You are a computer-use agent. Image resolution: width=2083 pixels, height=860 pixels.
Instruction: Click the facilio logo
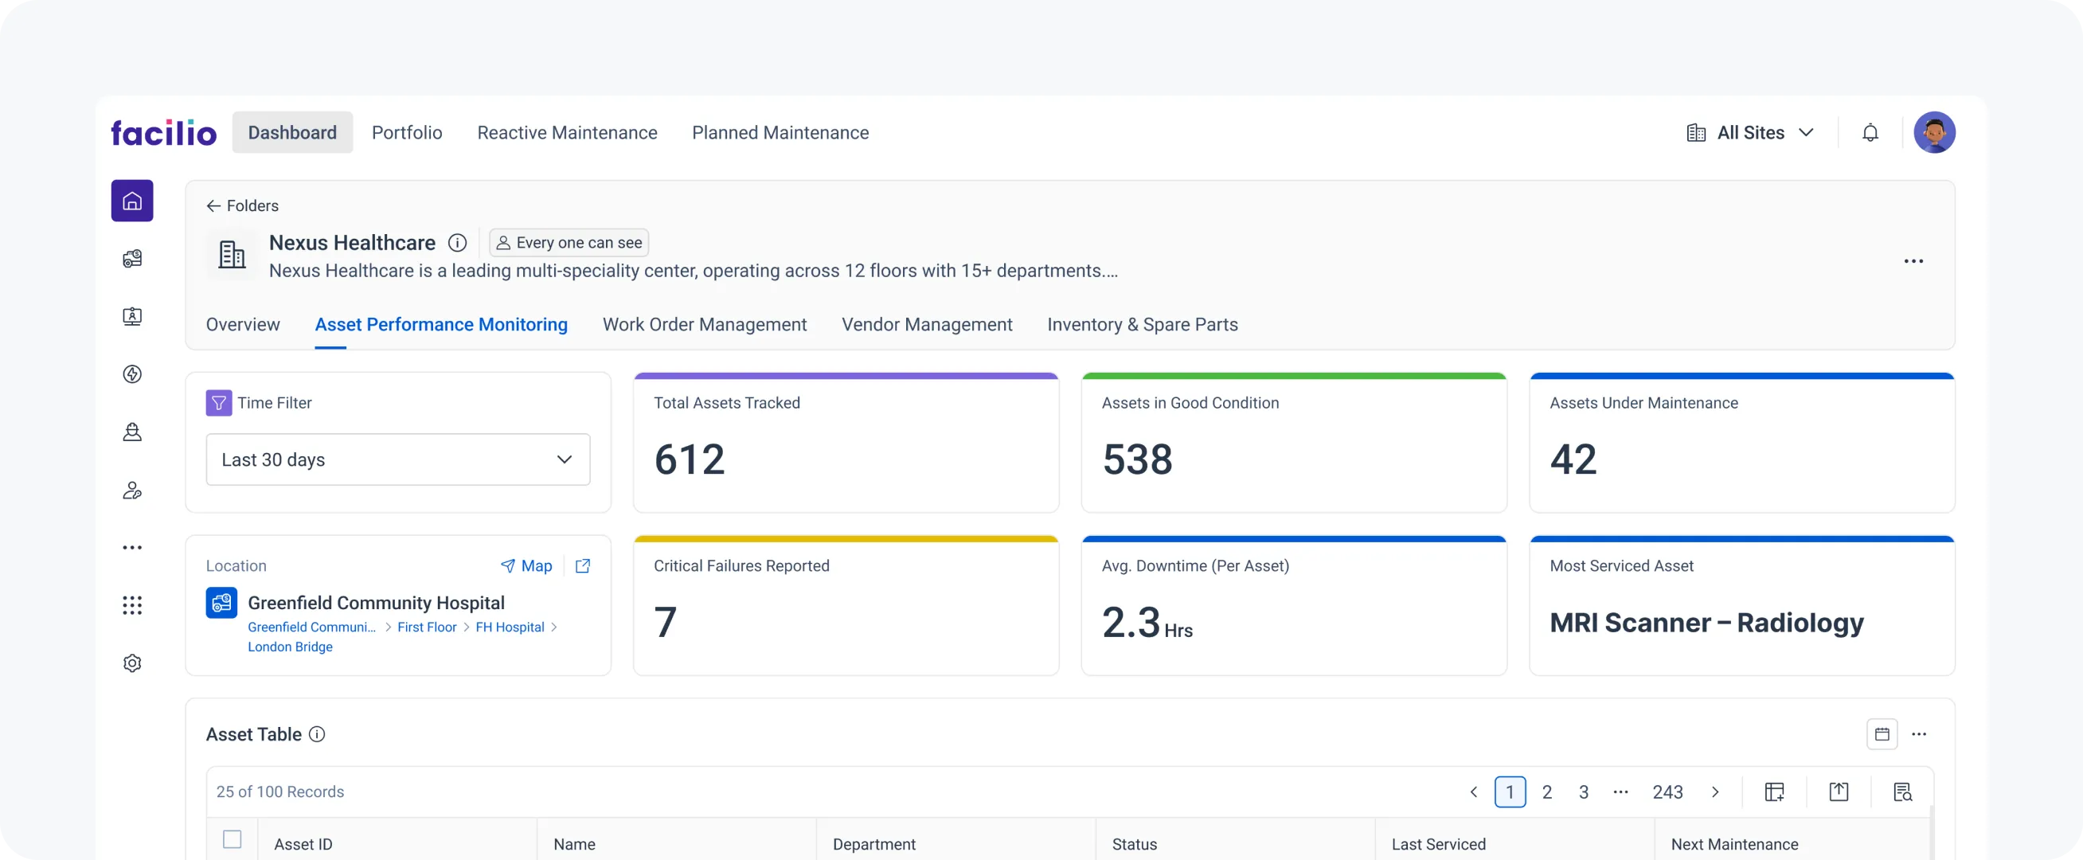coord(163,133)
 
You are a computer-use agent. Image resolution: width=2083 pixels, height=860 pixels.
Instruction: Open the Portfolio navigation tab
coord(407,133)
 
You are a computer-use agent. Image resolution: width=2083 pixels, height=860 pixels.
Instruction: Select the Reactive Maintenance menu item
coord(567,133)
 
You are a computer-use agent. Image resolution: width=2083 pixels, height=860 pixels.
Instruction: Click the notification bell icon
coord(1870,133)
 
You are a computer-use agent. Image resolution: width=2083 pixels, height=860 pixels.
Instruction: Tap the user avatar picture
coord(1933,133)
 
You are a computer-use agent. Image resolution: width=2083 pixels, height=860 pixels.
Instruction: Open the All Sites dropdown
coord(1751,133)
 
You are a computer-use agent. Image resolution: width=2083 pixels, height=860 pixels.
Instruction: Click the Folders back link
coord(243,205)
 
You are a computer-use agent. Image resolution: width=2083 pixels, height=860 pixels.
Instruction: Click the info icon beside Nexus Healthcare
coord(458,243)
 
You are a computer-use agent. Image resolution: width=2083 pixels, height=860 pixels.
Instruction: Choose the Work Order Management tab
coord(705,324)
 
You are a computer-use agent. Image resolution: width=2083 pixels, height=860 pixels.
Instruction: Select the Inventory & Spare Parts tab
coord(1142,324)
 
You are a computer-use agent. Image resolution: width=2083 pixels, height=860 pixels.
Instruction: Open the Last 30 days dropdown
coord(398,459)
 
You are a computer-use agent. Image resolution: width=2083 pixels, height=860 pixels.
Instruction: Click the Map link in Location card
coord(526,566)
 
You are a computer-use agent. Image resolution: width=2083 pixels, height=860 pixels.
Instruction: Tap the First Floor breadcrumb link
coord(427,627)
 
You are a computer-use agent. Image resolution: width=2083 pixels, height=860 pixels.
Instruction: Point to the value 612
coord(689,459)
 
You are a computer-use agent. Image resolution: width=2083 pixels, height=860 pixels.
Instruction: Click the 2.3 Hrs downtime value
coord(1146,623)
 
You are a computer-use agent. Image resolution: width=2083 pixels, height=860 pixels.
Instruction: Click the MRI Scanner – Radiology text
coord(1706,623)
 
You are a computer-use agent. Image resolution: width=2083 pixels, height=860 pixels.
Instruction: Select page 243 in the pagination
coord(1667,792)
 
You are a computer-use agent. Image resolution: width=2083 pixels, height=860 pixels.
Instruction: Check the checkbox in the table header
coord(232,839)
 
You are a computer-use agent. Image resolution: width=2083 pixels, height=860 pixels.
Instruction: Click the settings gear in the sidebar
coord(133,663)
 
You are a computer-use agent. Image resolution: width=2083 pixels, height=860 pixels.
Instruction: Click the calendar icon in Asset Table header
coord(1882,734)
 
